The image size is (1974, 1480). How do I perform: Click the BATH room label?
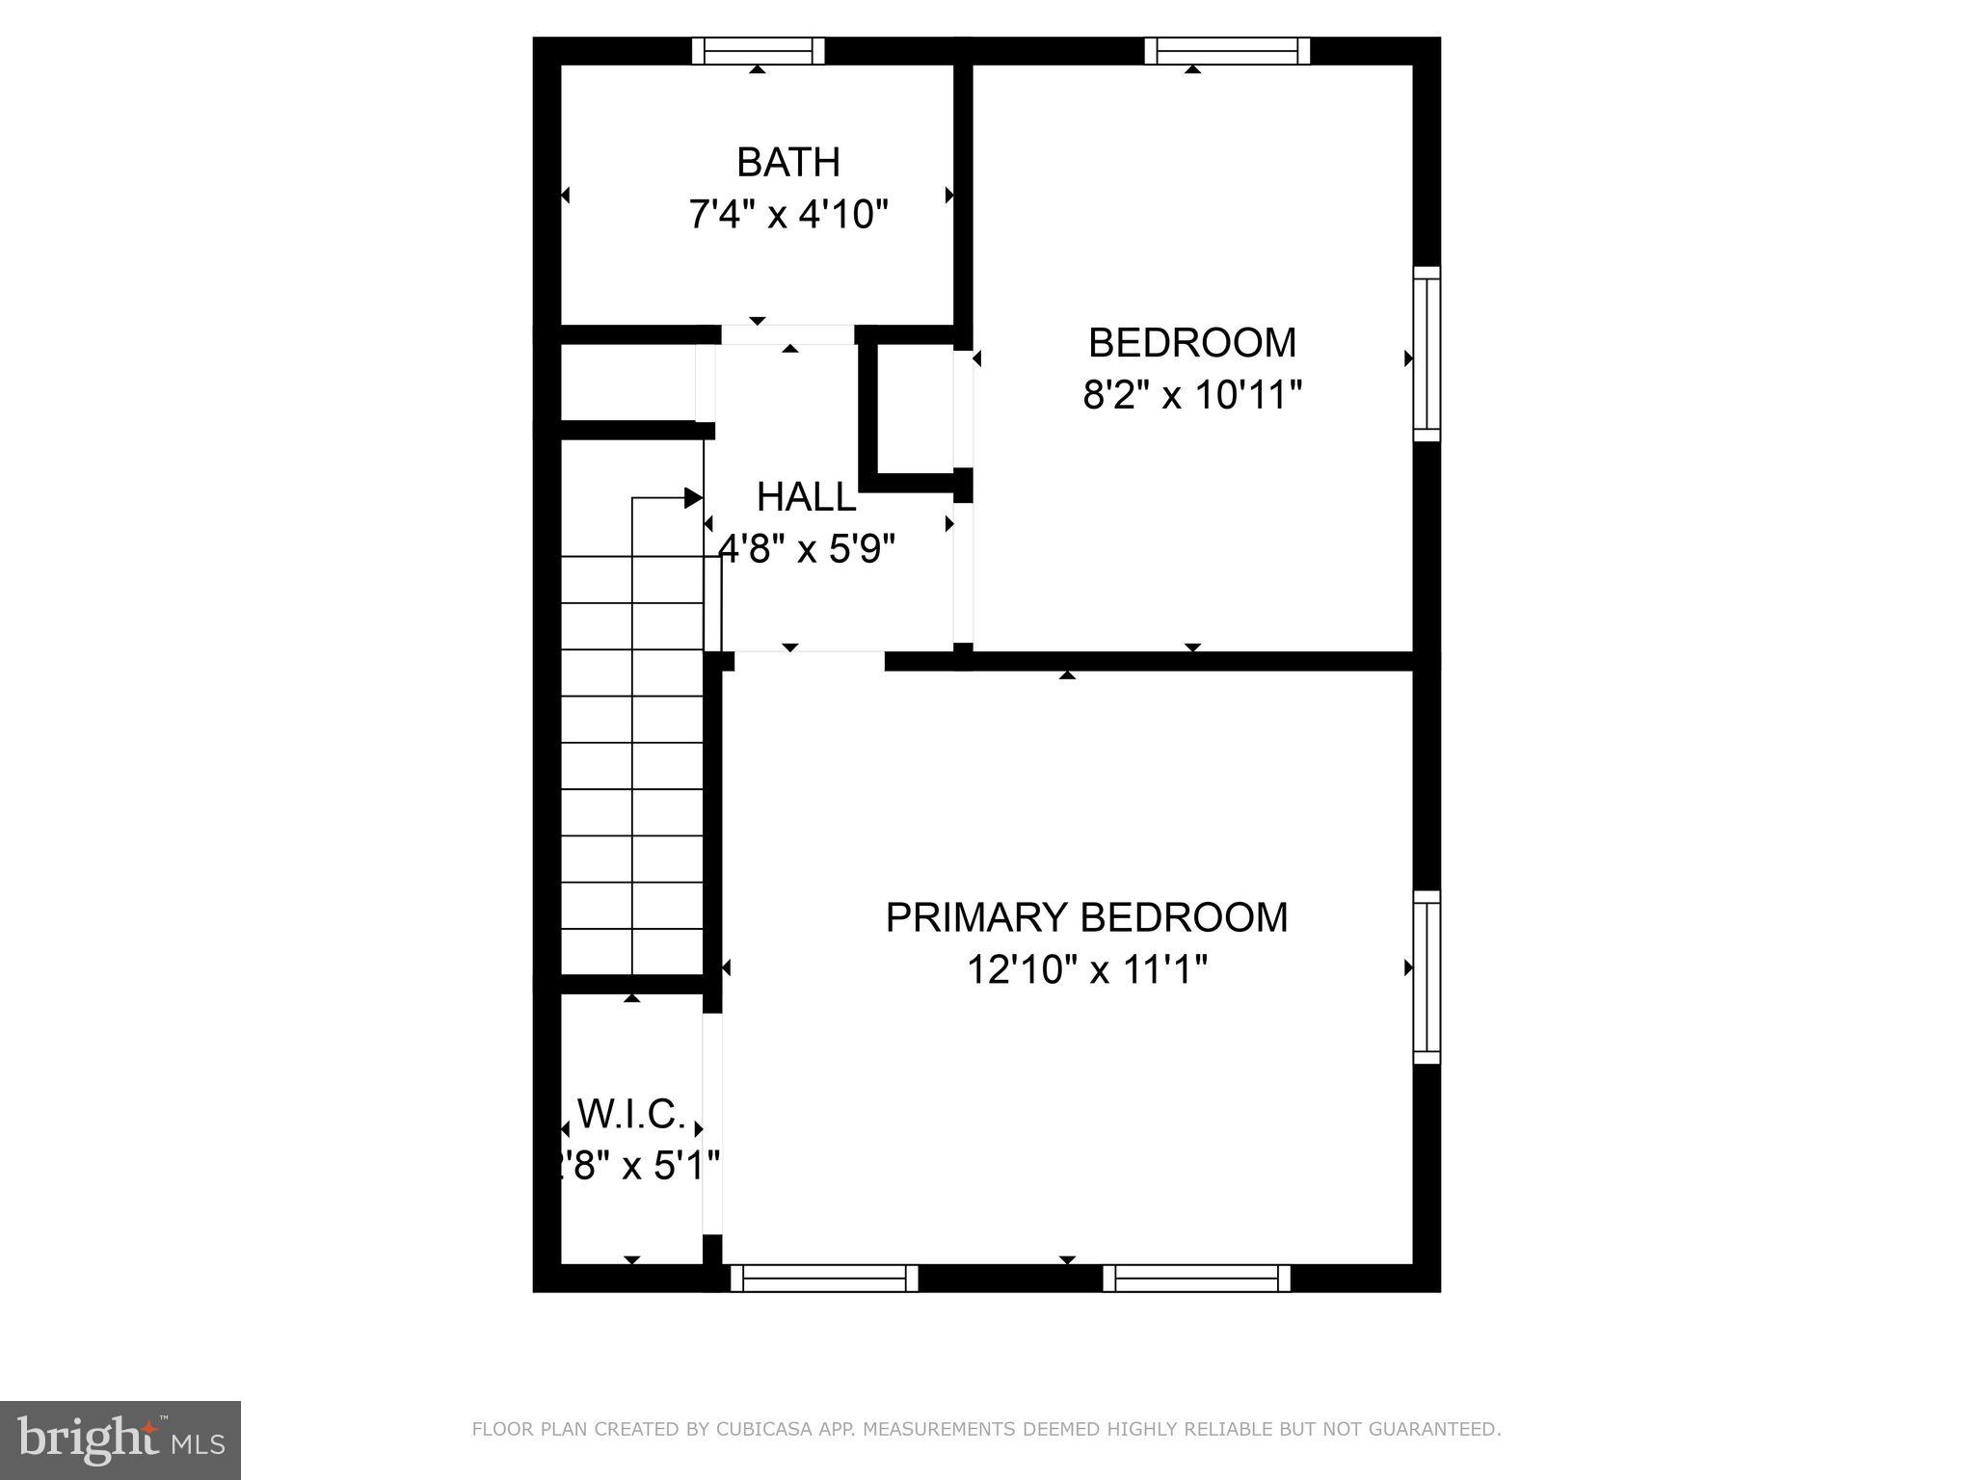pyautogui.click(x=787, y=162)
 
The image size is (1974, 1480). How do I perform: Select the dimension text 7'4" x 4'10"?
pyautogui.click(x=787, y=214)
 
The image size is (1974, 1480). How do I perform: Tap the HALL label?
pyautogui.click(x=806, y=497)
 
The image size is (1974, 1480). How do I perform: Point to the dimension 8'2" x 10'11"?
pyautogui.click(x=1192, y=395)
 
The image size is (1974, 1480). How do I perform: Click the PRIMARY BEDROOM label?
pyautogui.click(x=1086, y=917)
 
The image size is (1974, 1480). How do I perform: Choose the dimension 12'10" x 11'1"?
pyautogui.click(x=1086, y=969)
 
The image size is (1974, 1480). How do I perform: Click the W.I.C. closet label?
pyautogui.click(x=631, y=1115)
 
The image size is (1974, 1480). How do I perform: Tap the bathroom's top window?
pyautogui.click(x=759, y=50)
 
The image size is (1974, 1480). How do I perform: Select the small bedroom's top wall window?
pyautogui.click(x=1226, y=50)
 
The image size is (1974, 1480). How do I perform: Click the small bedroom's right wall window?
pyautogui.click(x=1427, y=354)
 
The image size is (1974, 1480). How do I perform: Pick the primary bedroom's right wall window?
pyautogui.click(x=1427, y=977)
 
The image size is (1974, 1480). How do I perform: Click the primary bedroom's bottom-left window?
pyautogui.click(x=824, y=1278)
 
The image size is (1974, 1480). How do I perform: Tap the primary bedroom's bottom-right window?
pyautogui.click(x=1196, y=1278)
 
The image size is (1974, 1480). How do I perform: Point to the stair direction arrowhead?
pyautogui.click(x=693, y=498)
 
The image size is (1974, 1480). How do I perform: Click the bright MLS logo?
pyautogui.click(x=120, y=1440)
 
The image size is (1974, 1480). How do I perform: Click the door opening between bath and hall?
pyautogui.click(x=787, y=334)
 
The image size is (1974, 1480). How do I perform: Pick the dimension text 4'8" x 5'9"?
pyautogui.click(x=807, y=549)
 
